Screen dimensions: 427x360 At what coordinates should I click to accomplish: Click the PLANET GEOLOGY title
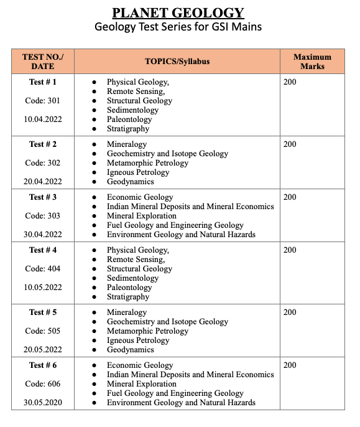pyautogui.click(x=178, y=12)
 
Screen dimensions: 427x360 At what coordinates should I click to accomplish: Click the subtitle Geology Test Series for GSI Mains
pyautogui.click(x=178, y=27)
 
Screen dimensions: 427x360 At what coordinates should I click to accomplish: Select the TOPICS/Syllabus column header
pyautogui.click(x=177, y=62)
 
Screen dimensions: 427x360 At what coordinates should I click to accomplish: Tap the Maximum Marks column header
pyautogui.click(x=312, y=62)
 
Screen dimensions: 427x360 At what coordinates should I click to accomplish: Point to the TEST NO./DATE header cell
pyautogui.click(x=42, y=62)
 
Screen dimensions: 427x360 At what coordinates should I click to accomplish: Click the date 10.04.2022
pyautogui.click(x=43, y=119)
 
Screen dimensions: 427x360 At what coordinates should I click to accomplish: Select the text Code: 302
pyautogui.click(x=43, y=162)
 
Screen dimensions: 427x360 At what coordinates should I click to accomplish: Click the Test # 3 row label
pyautogui.click(x=43, y=197)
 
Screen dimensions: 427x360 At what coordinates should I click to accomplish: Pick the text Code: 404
pyautogui.click(x=43, y=268)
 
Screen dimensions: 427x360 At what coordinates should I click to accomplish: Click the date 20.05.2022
pyautogui.click(x=43, y=349)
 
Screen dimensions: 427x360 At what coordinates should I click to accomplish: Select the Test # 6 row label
pyautogui.click(x=43, y=365)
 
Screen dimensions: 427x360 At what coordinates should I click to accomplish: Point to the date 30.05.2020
pyautogui.click(x=43, y=402)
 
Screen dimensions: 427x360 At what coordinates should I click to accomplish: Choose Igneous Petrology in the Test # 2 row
pyautogui.click(x=137, y=172)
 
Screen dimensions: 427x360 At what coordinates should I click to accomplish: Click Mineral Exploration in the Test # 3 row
pyautogui.click(x=141, y=216)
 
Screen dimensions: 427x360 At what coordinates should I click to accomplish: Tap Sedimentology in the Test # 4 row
pyautogui.click(x=132, y=278)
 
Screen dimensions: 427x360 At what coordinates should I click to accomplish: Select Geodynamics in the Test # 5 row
pyautogui.click(x=130, y=350)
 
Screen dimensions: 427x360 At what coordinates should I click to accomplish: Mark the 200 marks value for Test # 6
pyautogui.click(x=290, y=365)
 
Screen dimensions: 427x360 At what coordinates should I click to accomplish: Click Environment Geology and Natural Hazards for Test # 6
pyautogui.click(x=181, y=403)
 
